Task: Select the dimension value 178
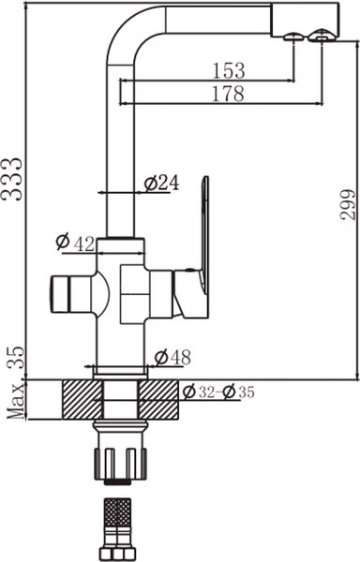pyautogui.click(x=228, y=93)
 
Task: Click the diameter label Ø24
pyautogui.click(x=162, y=184)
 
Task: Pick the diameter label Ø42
pyautogui.click(x=75, y=244)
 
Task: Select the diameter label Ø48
pyautogui.click(x=172, y=357)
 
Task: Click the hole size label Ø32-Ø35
pyautogui.click(x=220, y=392)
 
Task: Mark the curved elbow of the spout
pyautogui.click(x=127, y=28)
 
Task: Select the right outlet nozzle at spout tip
pyautogui.click(x=322, y=37)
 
